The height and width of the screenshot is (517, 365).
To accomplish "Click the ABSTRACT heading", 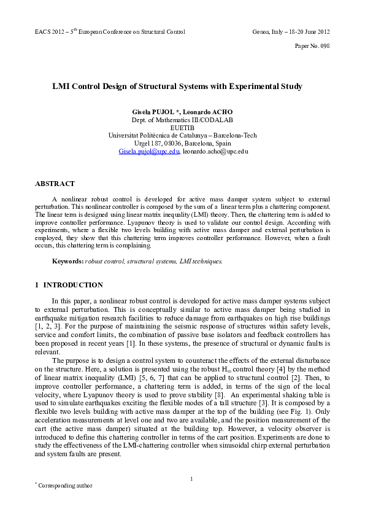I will coord(55,184).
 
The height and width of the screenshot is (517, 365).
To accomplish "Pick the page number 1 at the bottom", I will coord(191,479).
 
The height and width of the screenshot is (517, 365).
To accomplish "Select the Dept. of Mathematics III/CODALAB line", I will coord(182,120).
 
